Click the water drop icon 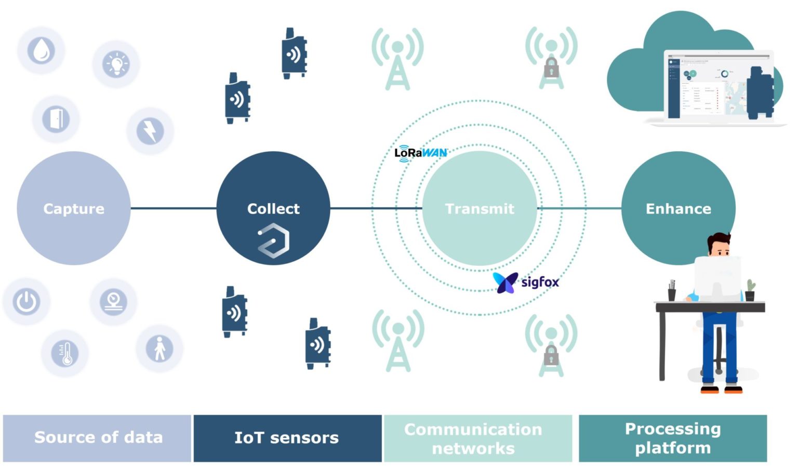point(41,51)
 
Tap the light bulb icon point(116,64)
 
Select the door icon point(56,119)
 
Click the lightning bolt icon point(150,131)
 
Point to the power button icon point(26,301)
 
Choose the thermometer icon point(65,354)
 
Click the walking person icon point(159,348)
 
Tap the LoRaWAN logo point(420,153)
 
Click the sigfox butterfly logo point(505,282)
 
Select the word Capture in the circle point(74,209)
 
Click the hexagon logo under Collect point(274,241)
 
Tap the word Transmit point(480,209)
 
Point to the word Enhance point(678,209)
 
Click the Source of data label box point(97,438)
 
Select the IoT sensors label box point(287,438)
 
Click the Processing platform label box point(673,438)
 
